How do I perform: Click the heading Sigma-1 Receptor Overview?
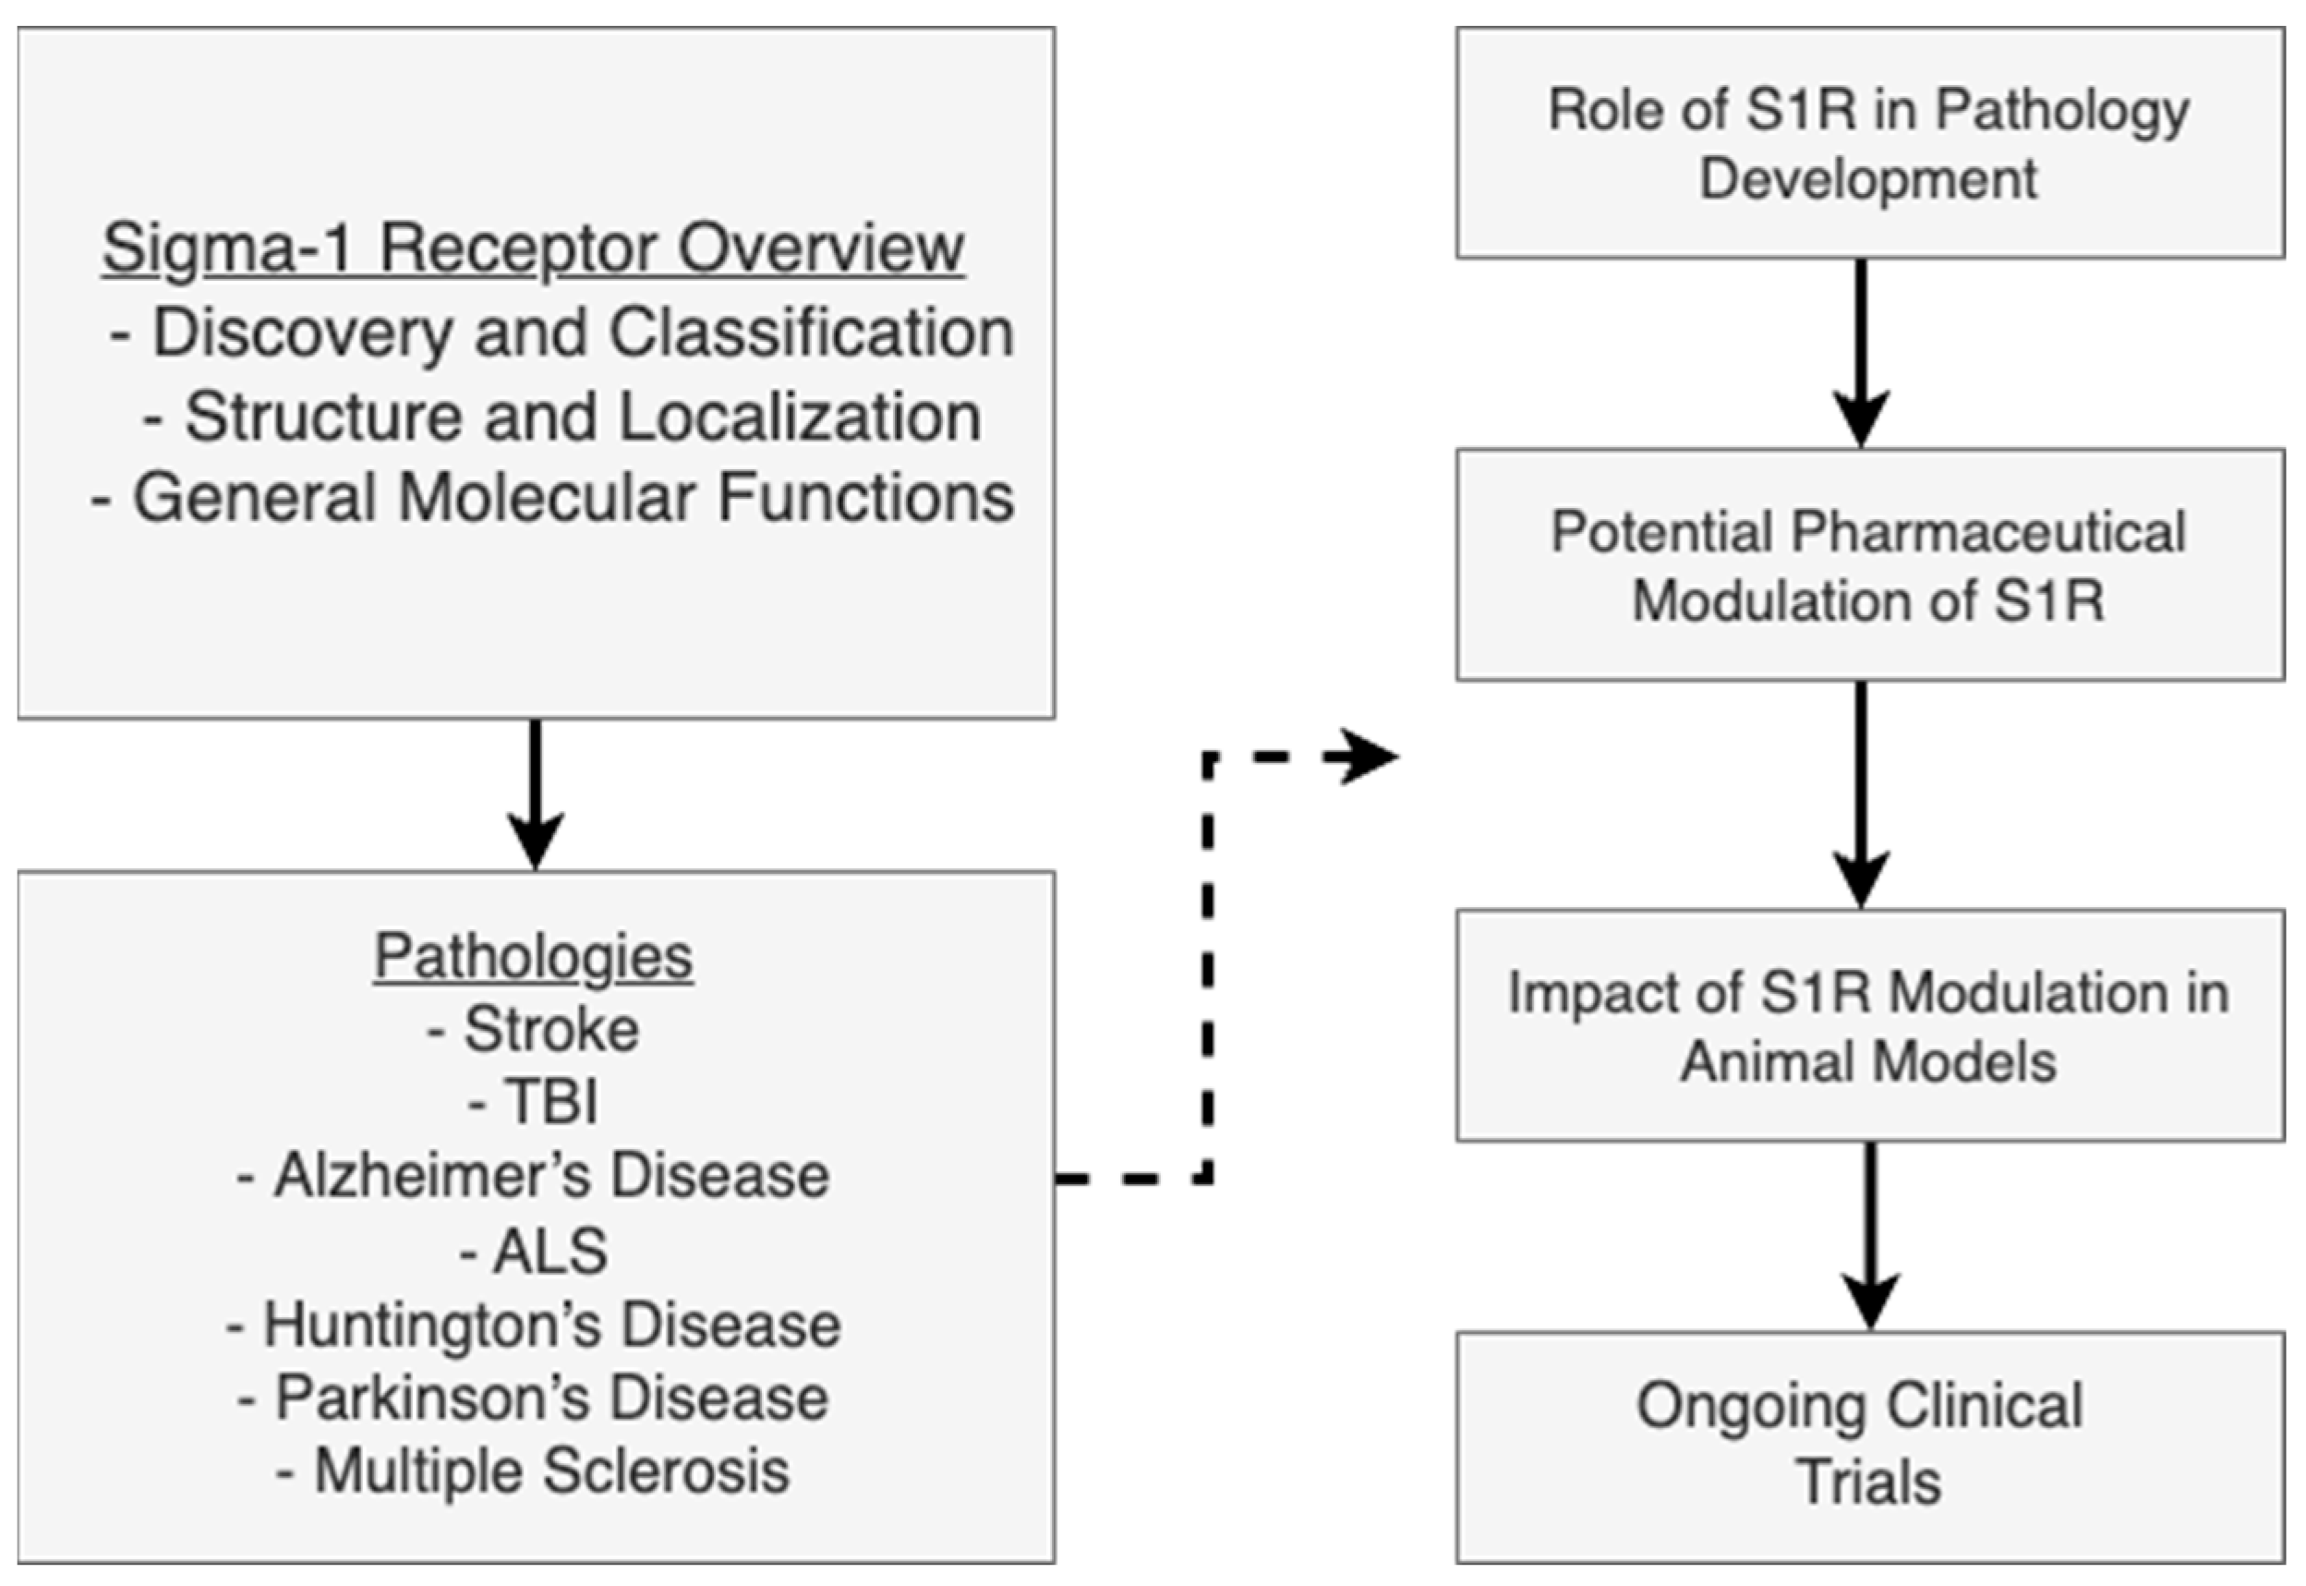pyautogui.click(x=533, y=248)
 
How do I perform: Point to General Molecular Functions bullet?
pyautogui.click(x=552, y=496)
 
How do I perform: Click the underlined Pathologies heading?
pyautogui.click(x=533, y=957)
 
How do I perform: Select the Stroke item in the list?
pyautogui.click(x=533, y=1030)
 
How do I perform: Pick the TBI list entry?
pyautogui.click(x=535, y=1102)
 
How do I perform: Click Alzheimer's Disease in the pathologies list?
pyautogui.click(x=533, y=1176)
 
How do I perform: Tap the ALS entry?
pyautogui.click(x=535, y=1250)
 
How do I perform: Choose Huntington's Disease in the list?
pyautogui.click(x=533, y=1325)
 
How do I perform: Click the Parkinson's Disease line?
pyautogui.click(x=533, y=1398)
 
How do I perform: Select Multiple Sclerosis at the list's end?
pyautogui.click(x=533, y=1471)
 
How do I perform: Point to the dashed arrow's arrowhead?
pyautogui.click(x=1369, y=757)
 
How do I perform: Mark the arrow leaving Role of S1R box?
pyautogui.click(x=1861, y=353)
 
